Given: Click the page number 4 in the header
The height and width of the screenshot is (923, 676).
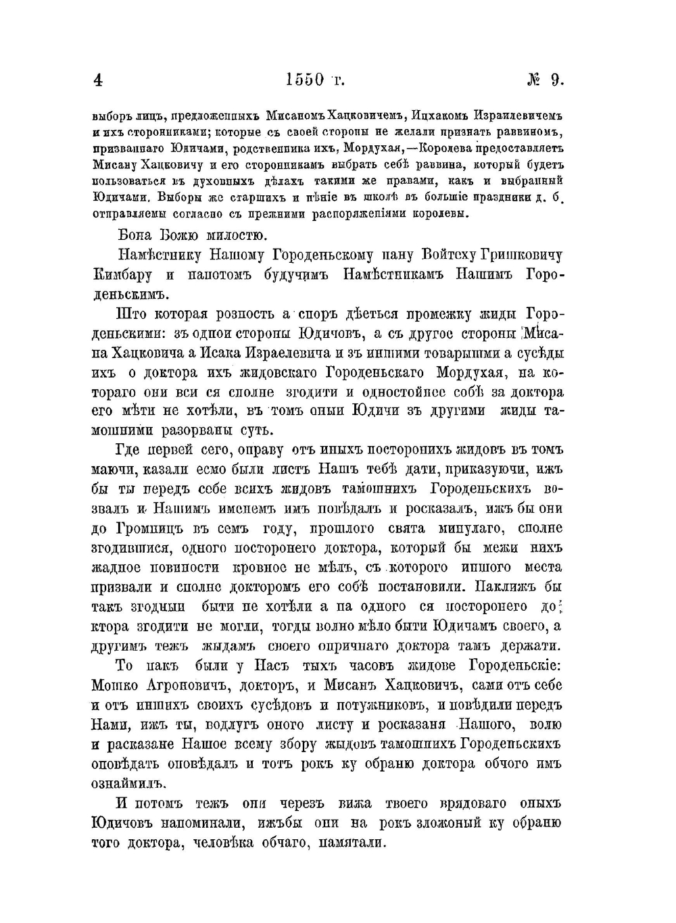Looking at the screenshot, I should pyautogui.click(x=98, y=80).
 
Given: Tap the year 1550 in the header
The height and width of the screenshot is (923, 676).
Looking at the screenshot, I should pyautogui.click(x=306, y=80).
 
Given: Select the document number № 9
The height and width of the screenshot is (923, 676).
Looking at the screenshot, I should pyautogui.click(x=545, y=80).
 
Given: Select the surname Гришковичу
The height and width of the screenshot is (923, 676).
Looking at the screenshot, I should pyautogui.click(x=521, y=255).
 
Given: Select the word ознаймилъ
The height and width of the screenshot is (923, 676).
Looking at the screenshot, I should pyautogui.click(x=128, y=783).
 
